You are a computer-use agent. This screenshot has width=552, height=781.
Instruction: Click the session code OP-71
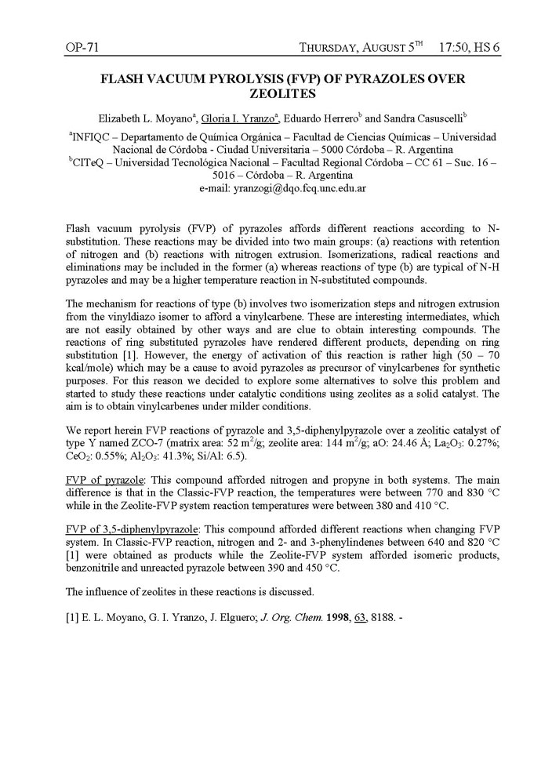click(82, 49)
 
